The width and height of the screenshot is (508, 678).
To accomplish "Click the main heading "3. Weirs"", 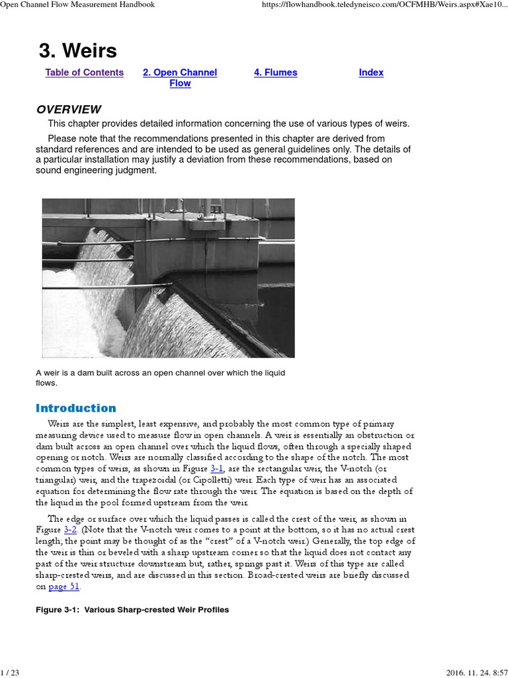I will coord(77,51).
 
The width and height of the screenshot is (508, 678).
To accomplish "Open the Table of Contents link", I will coord(84,73).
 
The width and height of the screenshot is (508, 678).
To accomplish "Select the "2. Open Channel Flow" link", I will coord(180,78).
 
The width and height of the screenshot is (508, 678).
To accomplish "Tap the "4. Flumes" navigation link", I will coord(275,73).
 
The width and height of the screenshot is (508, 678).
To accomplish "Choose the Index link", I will coord(371,73).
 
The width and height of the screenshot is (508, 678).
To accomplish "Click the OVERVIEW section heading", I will coord(68,110).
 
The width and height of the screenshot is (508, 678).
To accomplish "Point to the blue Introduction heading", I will coord(75,409).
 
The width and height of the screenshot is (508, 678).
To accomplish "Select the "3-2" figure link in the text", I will coord(71,530).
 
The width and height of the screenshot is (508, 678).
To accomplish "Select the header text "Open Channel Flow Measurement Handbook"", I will coord(77,5).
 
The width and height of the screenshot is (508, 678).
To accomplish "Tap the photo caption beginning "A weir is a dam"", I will coord(160,377).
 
